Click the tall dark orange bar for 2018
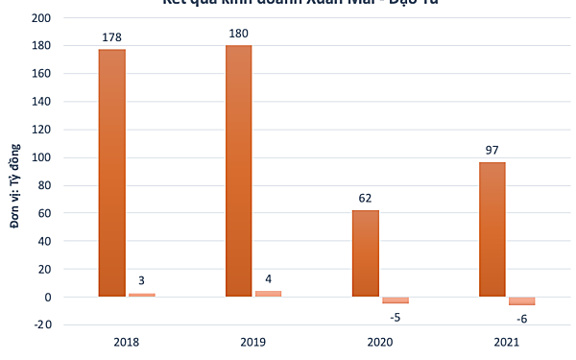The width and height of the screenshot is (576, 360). click(112, 173)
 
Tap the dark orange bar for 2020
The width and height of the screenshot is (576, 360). click(366, 253)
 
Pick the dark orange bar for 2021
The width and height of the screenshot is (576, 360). click(492, 229)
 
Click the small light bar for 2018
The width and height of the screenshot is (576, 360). click(142, 295)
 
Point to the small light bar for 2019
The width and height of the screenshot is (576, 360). click(269, 294)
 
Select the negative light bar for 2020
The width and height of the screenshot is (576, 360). click(396, 300)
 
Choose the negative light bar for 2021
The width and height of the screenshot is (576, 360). click(522, 301)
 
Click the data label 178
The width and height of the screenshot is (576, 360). click(112, 38)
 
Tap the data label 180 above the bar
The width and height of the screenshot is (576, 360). click(239, 35)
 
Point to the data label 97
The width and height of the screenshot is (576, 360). click(492, 151)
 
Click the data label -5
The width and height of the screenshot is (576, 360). click(396, 318)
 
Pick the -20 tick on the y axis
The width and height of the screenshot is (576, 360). click(40, 325)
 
